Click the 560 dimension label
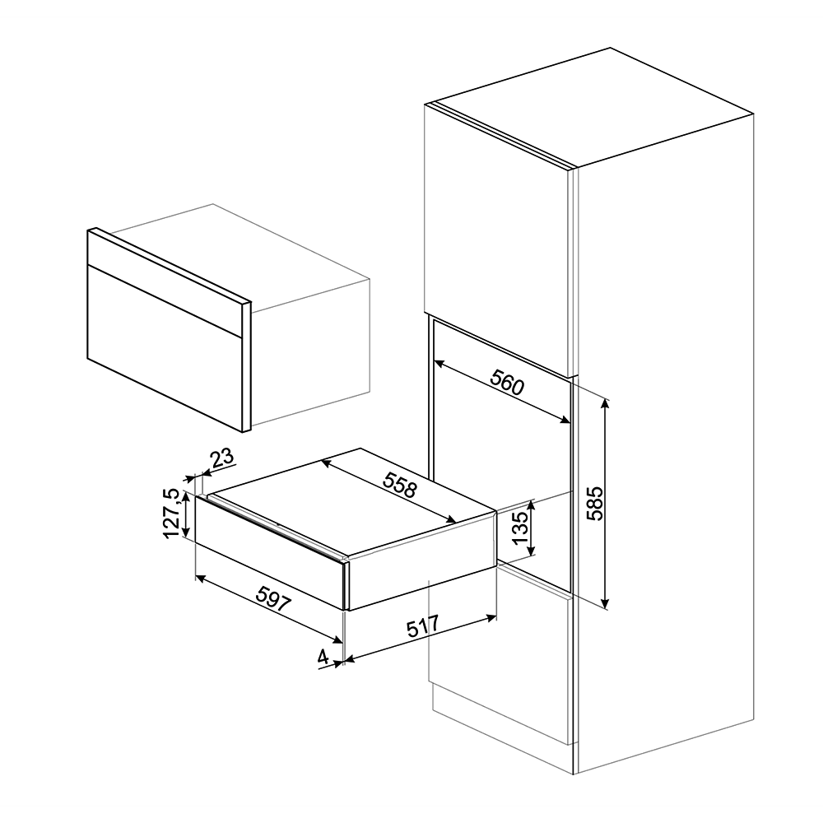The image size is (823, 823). (x=507, y=382)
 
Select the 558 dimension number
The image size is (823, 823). (x=400, y=485)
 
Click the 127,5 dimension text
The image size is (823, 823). (x=173, y=513)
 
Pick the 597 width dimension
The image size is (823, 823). (x=273, y=599)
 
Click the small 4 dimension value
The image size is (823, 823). (x=323, y=656)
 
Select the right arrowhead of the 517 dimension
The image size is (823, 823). (x=492, y=617)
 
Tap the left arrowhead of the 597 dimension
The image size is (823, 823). (x=200, y=578)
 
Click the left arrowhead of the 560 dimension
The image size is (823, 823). (x=439, y=363)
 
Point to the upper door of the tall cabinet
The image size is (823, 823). (x=497, y=239)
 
